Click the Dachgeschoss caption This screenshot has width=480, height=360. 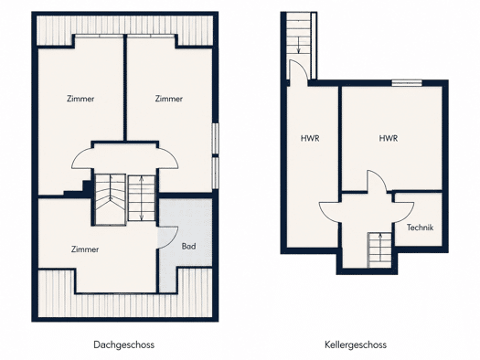click(x=123, y=345)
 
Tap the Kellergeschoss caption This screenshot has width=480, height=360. click(x=356, y=345)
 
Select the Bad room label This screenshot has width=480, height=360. click(x=188, y=246)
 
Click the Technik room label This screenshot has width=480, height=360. click(x=420, y=228)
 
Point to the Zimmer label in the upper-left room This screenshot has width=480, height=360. click(x=80, y=99)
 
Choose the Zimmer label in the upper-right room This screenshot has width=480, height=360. click(x=168, y=99)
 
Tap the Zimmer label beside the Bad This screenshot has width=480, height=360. click(x=85, y=249)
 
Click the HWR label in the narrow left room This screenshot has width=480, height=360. click(x=310, y=138)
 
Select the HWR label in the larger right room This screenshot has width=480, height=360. click(x=389, y=138)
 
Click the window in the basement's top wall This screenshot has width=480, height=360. click(x=407, y=82)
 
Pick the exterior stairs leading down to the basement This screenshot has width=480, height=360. click(x=298, y=34)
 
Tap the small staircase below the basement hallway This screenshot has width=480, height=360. click(x=380, y=250)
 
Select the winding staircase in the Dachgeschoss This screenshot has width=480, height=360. click(x=110, y=199)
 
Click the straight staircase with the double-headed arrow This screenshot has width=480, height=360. click(x=141, y=198)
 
